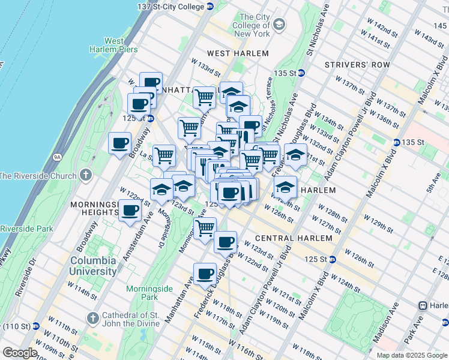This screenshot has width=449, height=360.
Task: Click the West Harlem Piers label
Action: pos(114,45)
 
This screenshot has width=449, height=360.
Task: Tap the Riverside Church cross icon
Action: pos(86,176)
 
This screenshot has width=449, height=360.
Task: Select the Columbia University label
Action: pos(94,266)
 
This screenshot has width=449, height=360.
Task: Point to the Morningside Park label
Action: pos(142,292)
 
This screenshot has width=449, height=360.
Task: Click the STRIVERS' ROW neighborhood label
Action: pos(357,65)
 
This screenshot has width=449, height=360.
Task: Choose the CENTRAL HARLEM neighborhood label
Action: pos(294,238)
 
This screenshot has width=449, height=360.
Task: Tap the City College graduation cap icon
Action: pos(279,24)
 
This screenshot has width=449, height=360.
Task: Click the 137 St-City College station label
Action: pos(175,6)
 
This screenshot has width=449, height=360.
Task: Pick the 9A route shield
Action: pos(58,158)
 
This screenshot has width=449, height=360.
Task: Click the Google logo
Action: pos(19,353)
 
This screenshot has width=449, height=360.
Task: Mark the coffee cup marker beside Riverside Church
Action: pos(120,143)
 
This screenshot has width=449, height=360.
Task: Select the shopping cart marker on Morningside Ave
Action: pos(205,228)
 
